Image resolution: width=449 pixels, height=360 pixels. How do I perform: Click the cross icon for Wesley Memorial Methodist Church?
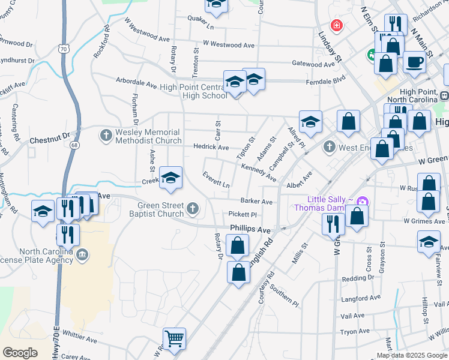pos(106,134)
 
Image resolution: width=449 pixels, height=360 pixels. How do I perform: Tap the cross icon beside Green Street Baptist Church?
pos(192,208)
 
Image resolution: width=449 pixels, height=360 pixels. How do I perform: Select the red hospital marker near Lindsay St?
pos(337,25)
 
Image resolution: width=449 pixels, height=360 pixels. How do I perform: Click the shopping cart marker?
pos(174,339)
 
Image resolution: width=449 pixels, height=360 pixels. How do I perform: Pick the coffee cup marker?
pos(414,61)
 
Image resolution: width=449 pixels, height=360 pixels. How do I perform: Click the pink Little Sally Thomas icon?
pos(361,200)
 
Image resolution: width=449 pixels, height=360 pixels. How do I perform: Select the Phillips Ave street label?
pos(250,229)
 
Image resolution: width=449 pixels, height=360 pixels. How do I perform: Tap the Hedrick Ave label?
pos(211,147)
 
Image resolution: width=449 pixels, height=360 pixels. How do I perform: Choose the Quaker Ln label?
pos(200,27)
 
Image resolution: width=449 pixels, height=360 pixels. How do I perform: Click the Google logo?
pos(20,353)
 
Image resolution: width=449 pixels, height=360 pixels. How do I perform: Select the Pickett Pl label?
pos(243,214)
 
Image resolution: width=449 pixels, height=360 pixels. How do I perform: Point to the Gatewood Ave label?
pos(313,64)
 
